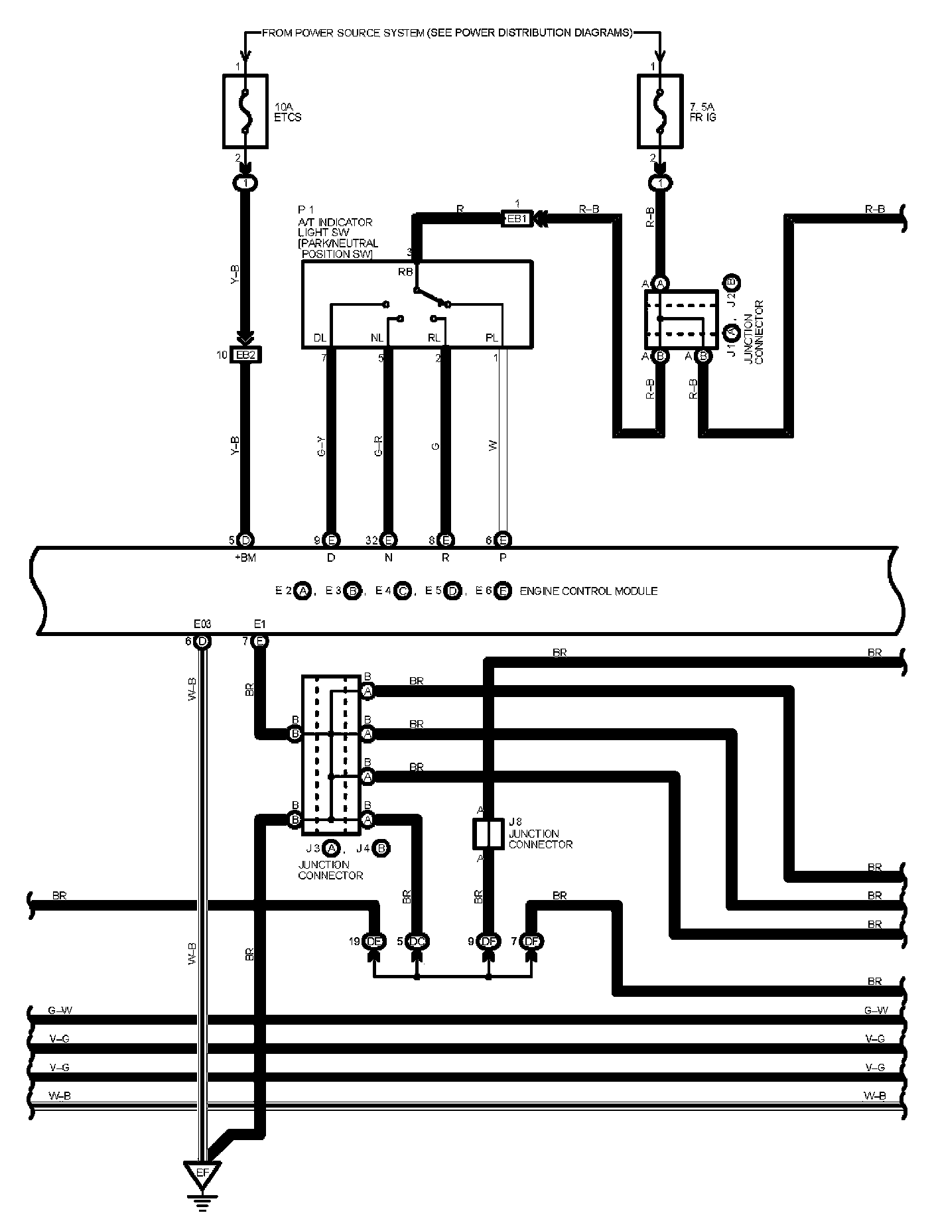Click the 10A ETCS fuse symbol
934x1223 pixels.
point(245,111)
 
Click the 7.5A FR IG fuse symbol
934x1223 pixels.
point(660,111)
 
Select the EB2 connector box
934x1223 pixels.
point(245,355)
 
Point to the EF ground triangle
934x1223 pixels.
point(203,1172)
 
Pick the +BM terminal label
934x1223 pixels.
point(245,558)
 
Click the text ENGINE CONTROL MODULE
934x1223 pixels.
point(588,591)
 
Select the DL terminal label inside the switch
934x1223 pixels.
point(320,338)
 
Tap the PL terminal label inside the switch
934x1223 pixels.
point(492,338)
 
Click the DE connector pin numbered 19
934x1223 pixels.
point(374,940)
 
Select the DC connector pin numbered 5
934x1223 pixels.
point(417,940)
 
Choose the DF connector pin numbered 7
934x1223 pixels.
point(531,940)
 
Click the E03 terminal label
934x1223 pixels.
point(202,624)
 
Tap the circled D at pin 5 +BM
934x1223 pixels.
point(245,540)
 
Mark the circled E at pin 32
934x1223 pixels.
point(389,540)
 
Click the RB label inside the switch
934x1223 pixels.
point(405,272)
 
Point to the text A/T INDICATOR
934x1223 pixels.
point(335,222)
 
